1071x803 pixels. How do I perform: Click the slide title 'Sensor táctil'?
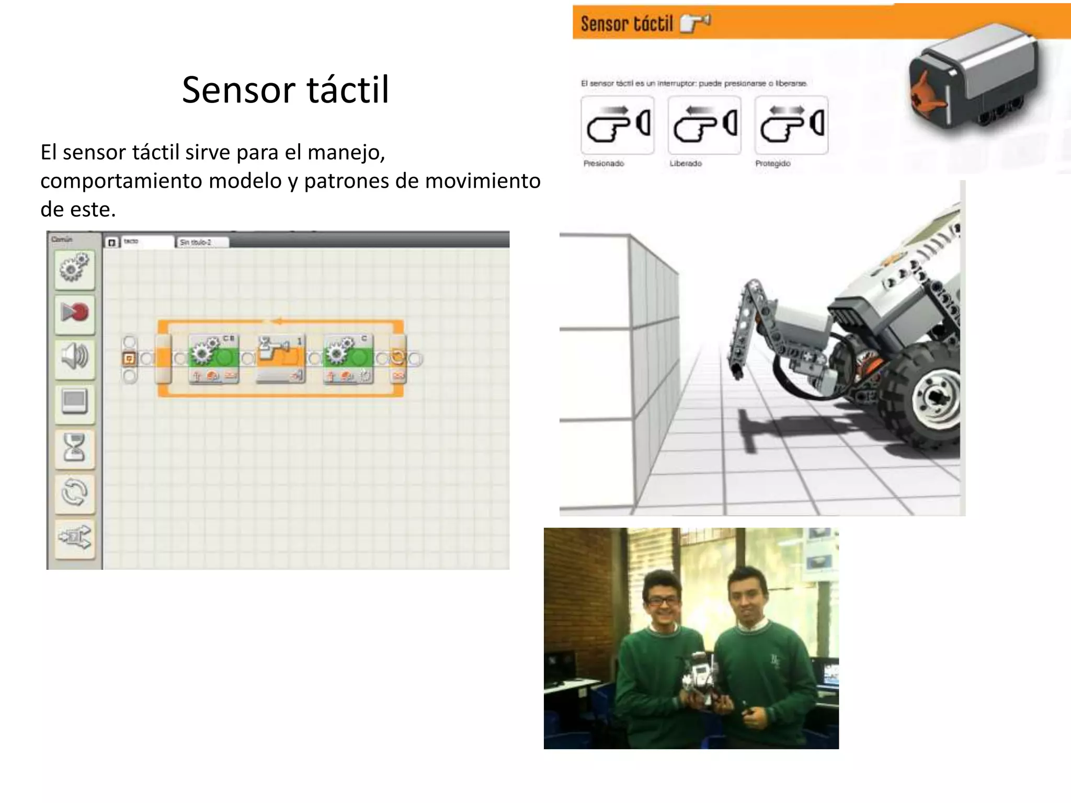click(x=286, y=90)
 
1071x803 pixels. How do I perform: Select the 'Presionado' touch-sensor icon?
click(x=617, y=125)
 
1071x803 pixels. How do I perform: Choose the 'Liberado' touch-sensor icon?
click(x=704, y=125)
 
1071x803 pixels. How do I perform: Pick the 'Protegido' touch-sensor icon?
click(x=791, y=125)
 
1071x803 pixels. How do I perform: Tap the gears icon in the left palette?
click(x=74, y=268)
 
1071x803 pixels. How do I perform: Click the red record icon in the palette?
click(x=74, y=313)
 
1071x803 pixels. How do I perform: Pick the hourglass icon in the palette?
click(x=74, y=448)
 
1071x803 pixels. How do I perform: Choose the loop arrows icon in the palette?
click(x=74, y=492)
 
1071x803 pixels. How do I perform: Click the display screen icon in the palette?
click(x=74, y=402)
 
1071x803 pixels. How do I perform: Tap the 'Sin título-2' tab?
click(x=201, y=242)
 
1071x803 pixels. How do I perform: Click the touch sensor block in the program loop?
click(x=280, y=359)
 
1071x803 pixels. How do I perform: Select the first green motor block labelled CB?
click(x=213, y=359)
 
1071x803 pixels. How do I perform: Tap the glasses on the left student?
click(x=663, y=601)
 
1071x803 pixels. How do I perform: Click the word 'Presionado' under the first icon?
click(x=603, y=164)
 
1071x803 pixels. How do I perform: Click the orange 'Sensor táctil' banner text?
click(x=626, y=24)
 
